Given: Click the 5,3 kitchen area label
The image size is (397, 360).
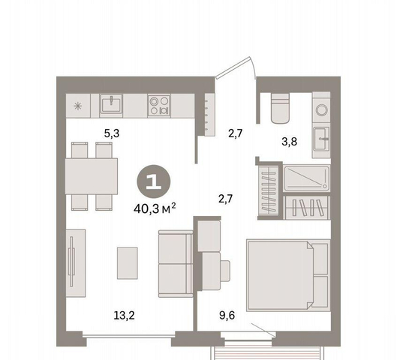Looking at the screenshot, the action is [112, 133].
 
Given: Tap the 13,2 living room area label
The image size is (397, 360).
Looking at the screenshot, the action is [124, 316].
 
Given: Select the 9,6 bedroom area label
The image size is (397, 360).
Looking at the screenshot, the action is [227, 316].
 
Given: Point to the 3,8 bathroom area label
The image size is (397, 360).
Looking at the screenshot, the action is [290, 142].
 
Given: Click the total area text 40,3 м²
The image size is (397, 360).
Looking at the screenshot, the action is [155, 208].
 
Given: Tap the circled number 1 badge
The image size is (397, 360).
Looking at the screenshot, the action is [154, 181].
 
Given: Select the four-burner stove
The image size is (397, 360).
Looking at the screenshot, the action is [159, 106].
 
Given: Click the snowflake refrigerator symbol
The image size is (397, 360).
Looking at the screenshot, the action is [77, 106].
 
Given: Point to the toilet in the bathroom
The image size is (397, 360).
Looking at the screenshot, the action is [280, 108].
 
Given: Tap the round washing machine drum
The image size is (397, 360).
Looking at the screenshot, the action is [321, 110].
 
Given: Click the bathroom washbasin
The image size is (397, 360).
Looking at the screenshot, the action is [321, 139].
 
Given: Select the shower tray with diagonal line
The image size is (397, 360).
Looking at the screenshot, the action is [307, 178].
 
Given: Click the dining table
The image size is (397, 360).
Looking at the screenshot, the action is [92, 176].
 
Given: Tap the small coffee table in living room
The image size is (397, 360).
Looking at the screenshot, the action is [128, 263].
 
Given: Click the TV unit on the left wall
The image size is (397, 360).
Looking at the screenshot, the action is [76, 263].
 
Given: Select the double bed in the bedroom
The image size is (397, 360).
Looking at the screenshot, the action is [288, 275].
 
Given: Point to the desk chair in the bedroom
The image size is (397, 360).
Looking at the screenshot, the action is [225, 271].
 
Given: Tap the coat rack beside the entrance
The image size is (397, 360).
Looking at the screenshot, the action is [209, 115].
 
